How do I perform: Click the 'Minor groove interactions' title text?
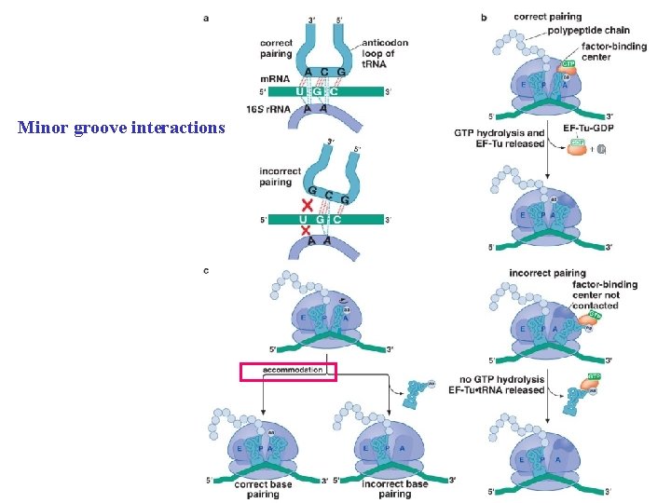click(x=121, y=127)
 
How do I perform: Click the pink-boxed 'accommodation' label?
click(x=287, y=371)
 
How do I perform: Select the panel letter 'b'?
click(x=484, y=16)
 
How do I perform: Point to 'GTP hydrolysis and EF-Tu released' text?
click(x=499, y=139)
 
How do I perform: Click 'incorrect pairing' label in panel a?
click(x=281, y=177)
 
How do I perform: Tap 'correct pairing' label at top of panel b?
click(x=548, y=16)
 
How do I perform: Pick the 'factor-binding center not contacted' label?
click(x=605, y=294)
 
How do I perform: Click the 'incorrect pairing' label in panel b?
click(x=548, y=273)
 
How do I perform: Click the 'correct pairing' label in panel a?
click(x=277, y=48)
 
